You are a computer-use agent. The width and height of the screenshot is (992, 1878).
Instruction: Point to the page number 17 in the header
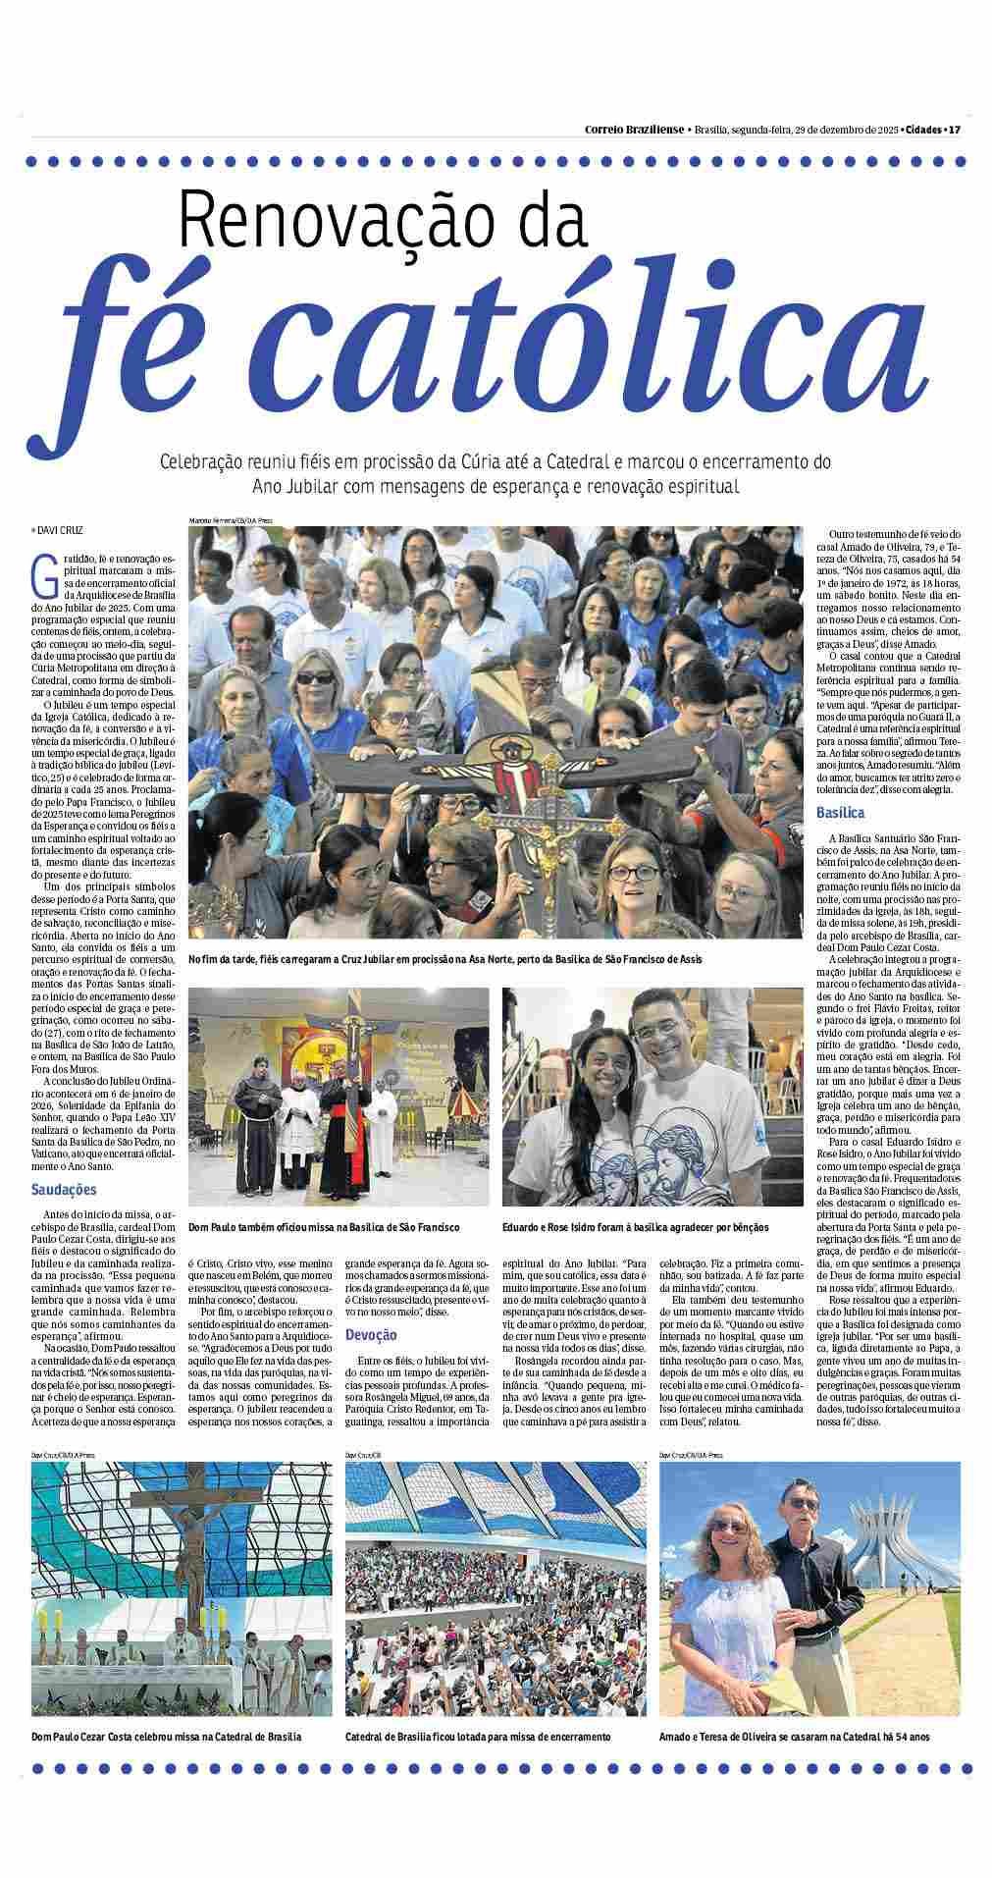[x=954, y=130]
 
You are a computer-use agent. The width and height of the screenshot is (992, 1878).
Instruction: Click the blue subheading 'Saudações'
[x=63, y=1190]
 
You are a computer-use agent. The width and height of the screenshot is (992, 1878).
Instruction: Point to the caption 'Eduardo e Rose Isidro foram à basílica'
[x=635, y=1228]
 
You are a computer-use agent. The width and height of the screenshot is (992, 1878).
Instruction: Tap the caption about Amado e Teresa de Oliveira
[x=796, y=1737]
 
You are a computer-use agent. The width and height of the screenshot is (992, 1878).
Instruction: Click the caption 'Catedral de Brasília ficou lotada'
[x=478, y=1737]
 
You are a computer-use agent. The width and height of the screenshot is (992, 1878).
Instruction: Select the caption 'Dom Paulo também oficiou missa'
[x=324, y=1228]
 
